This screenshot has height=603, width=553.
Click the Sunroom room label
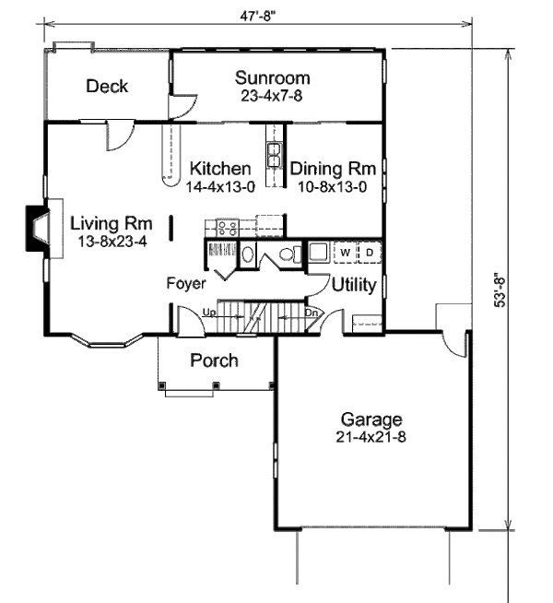click(272, 77)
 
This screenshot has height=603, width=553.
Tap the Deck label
click(107, 87)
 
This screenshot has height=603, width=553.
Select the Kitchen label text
click(220, 169)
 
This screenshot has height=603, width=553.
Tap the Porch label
click(214, 360)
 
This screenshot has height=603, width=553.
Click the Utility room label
click(354, 285)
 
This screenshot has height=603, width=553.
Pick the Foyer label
click(185, 284)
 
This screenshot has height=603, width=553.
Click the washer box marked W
click(345, 252)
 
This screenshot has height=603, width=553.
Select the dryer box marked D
click(369, 252)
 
